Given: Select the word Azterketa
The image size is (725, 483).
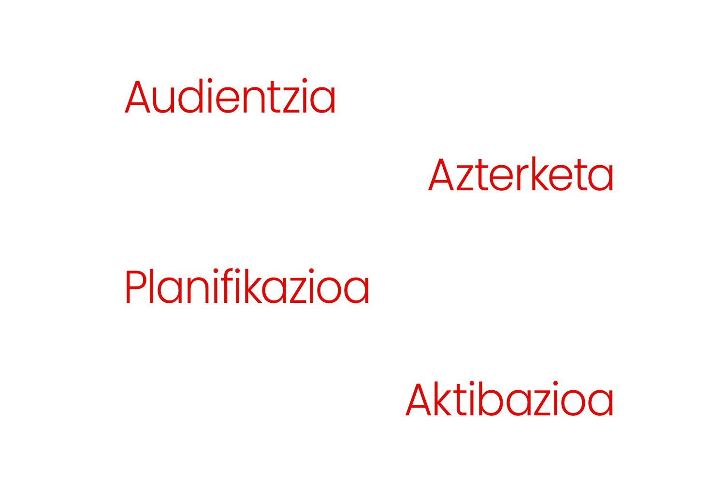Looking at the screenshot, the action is [521, 174].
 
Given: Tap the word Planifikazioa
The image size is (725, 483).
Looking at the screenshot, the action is [247, 286].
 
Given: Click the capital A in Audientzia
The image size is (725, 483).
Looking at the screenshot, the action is [137, 97].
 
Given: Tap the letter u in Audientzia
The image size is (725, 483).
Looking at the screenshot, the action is [163, 100].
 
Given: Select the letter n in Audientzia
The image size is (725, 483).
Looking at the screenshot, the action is [254, 100].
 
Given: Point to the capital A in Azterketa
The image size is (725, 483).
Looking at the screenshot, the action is [441, 174].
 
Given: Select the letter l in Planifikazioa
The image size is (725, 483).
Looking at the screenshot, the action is [151, 285].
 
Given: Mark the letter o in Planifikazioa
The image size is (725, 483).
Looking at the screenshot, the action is [329, 290].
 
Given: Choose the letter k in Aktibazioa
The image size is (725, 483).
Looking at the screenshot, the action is [442, 398].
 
